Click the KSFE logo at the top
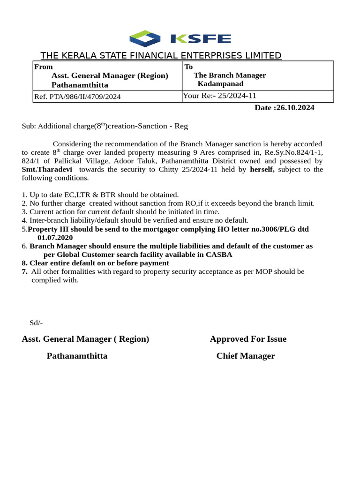point(180,39)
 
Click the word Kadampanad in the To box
point(220,84)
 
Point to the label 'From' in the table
point(43,67)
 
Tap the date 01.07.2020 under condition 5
point(55,238)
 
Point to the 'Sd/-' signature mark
point(36,322)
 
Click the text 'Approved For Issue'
point(248,339)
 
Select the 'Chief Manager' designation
point(246,356)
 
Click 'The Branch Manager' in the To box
point(230,75)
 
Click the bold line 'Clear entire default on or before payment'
point(98,263)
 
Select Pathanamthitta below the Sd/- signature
point(77,356)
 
